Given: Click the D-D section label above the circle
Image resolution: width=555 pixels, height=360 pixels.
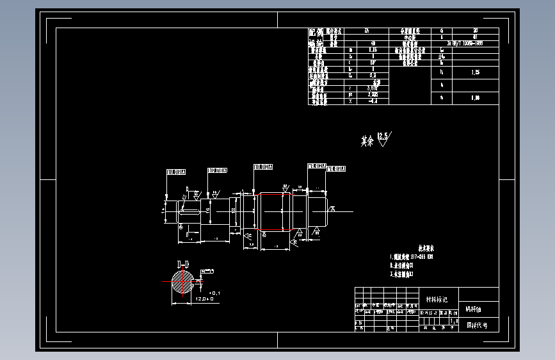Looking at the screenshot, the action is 183,264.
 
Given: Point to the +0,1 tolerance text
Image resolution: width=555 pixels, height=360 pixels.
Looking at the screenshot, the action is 214,292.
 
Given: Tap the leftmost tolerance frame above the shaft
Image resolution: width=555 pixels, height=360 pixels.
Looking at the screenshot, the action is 177,172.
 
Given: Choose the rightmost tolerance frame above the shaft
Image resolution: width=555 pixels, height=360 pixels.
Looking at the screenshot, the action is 337,169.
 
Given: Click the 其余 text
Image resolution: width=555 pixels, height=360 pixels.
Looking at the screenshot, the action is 367,141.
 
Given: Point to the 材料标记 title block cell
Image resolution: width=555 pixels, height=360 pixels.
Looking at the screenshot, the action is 437,299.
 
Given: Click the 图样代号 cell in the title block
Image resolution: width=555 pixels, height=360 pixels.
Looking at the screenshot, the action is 478,325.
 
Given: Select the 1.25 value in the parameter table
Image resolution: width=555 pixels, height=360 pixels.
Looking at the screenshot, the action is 475,73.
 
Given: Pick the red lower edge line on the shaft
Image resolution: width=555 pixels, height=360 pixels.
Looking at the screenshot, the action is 275,229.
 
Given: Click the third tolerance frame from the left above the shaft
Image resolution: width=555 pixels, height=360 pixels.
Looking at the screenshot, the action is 264,167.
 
